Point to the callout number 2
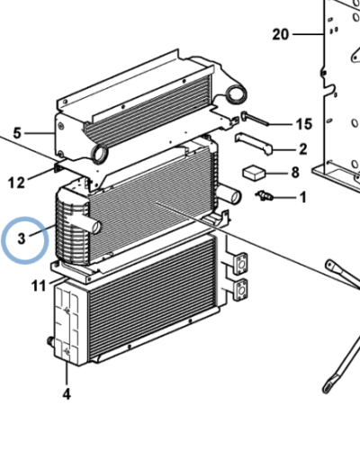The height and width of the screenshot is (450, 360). tap(302, 148)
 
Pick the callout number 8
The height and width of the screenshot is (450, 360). tap(293, 172)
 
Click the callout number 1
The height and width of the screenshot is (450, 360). tap(301, 196)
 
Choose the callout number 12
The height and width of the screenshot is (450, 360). tap(18, 183)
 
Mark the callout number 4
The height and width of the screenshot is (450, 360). tap(66, 393)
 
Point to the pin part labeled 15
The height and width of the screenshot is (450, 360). tap(255, 117)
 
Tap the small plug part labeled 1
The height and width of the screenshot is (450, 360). tap(264, 195)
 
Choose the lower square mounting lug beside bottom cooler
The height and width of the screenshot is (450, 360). tap(239, 290)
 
